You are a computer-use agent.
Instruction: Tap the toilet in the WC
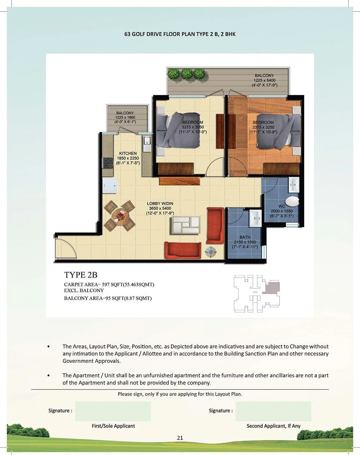291,201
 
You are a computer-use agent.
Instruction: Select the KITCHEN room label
128,153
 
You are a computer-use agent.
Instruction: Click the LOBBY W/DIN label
160,204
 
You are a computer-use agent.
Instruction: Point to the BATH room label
245,238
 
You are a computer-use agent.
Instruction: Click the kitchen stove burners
108,163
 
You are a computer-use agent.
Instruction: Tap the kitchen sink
147,144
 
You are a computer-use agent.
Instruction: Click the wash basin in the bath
256,218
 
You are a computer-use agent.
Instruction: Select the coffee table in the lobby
186,225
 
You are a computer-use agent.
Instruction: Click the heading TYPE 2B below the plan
81,275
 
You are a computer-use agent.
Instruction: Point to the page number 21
180,438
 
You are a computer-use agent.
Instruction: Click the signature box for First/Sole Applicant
113,411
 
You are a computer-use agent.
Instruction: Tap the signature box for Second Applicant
273,411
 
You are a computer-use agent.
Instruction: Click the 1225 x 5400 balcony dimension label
264,80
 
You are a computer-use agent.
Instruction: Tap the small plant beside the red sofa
210,252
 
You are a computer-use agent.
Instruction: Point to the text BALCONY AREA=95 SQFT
108,298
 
